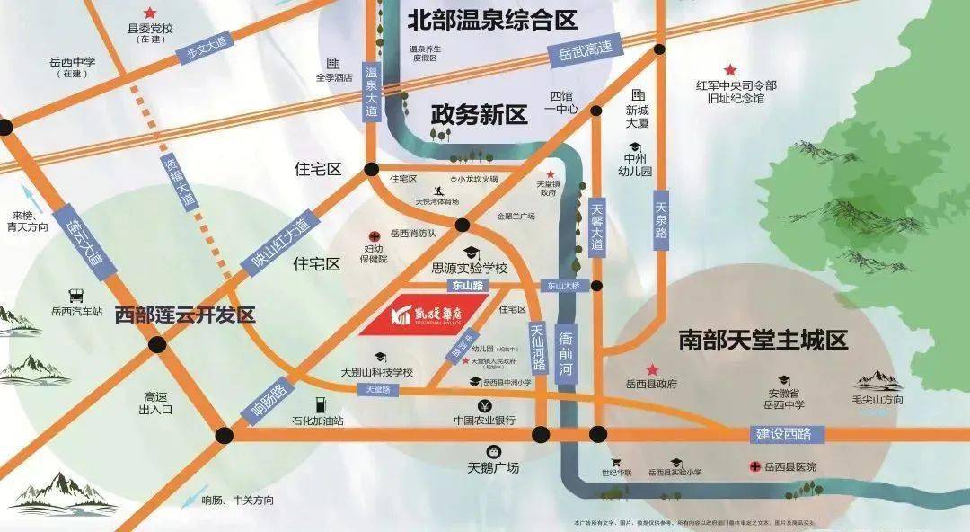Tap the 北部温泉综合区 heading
point(492,20)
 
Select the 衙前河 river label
point(566,352)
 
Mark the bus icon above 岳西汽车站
point(75,295)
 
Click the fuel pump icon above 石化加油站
point(317,405)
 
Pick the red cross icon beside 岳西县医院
point(754,466)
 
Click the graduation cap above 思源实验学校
point(470,253)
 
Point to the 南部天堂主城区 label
point(763,341)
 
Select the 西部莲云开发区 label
point(185,315)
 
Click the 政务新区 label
point(478,114)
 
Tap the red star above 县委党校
point(149,13)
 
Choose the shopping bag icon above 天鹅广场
point(492,451)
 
